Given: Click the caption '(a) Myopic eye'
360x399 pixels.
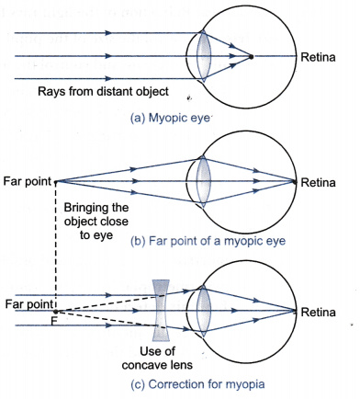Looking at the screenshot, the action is click(x=170, y=119).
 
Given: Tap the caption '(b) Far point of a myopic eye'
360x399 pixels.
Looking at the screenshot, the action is click(x=208, y=241).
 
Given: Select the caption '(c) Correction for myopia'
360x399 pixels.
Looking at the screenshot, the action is click(x=197, y=384).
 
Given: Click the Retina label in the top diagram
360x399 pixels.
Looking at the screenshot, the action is click(x=318, y=57).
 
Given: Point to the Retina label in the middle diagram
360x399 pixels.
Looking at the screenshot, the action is click(x=318, y=183).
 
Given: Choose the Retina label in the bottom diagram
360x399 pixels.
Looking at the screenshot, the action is click(x=318, y=313).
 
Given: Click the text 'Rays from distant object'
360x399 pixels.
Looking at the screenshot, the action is click(x=103, y=92).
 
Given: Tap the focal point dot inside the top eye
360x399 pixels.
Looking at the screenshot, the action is click(x=251, y=57).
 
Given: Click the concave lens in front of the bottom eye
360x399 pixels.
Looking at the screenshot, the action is click(x=161, y=310).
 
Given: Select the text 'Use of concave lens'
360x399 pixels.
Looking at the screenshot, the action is click(x=157, y=358).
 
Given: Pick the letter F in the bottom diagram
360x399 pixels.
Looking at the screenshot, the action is click(x=54, y=321).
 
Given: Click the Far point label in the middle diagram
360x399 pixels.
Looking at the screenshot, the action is click(x=27, y=181).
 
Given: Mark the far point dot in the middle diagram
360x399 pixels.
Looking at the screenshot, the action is click(x=56, y=182).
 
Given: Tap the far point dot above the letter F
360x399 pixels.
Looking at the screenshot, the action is click(x=56, y=312).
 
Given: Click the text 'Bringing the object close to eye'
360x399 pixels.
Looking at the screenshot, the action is click(x=96, y=222).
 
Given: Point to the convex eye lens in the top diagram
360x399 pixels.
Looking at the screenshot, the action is click(x=204, y=56).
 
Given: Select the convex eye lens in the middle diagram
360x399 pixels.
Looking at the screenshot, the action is click(x=204, y=181).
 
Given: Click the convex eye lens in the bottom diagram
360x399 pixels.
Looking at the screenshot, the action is click(x=204, y=310).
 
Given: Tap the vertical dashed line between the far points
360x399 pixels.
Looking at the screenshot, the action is click(x=56, y=246).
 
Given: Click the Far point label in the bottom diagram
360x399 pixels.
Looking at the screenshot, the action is click(x=29, y=304).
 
